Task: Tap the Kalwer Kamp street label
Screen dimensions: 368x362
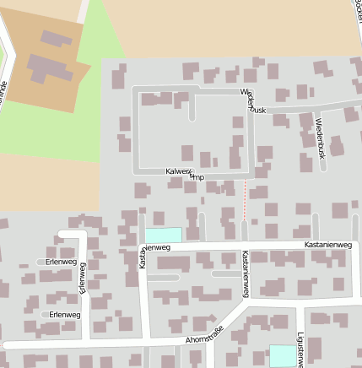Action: (186, 174)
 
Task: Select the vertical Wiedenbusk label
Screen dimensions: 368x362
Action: (320, 138)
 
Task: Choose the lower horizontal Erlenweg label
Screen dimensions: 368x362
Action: (65, 314)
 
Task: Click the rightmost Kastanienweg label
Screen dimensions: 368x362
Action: (327, 245)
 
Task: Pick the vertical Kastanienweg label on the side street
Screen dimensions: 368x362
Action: (245, 273)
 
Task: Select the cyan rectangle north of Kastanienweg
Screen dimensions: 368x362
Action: (164, 235)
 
